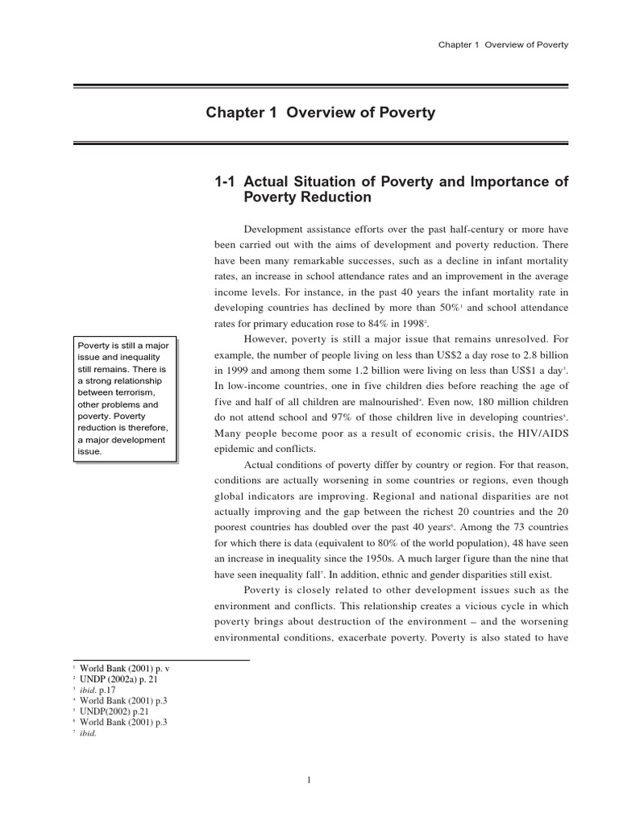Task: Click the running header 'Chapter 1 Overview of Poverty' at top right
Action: pos(503,44)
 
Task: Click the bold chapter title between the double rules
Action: pos(321,113)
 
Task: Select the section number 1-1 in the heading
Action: pos(222,183)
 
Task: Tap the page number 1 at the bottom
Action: pos(309,779)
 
